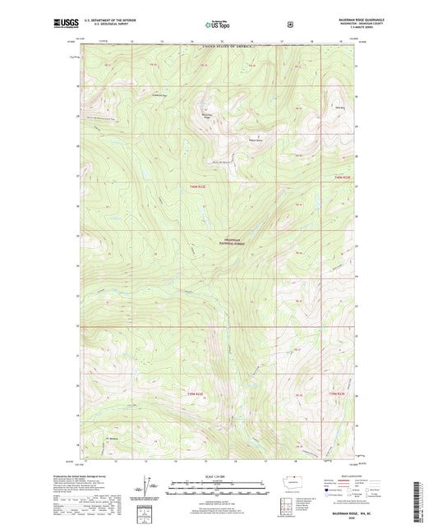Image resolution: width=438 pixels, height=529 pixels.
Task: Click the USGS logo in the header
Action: click(67, 25)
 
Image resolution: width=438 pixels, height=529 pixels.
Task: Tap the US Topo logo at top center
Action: click(219, 25)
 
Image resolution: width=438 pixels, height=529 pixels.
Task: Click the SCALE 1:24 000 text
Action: click(219, 478)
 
